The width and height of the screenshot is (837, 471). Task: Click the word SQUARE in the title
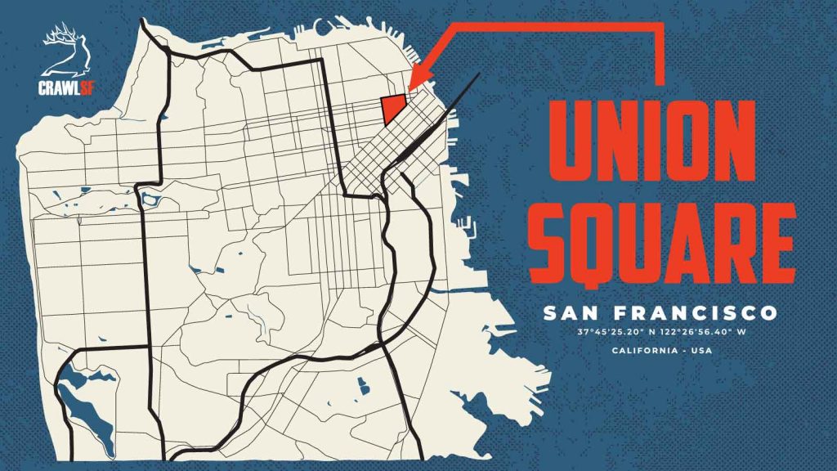(660, 237)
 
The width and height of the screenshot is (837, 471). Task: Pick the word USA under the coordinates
(700, 352)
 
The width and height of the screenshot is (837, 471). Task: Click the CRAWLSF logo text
(59, 88)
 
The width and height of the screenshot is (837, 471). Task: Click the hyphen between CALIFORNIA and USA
(685, 352)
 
